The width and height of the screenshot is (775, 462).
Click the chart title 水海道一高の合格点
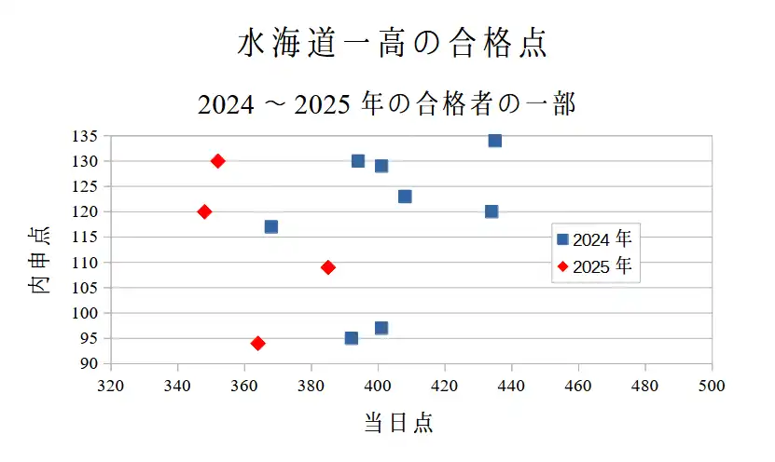(x=391, y=45)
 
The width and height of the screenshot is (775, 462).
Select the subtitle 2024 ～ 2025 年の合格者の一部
(x=387, y=104)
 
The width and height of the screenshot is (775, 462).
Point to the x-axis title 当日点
(x=398, y=423)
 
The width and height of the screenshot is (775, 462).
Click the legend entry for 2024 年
(x=594, y=239)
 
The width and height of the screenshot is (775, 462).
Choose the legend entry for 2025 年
(x=594, y=266)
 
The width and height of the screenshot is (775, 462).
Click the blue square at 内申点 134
(x=495, y=141)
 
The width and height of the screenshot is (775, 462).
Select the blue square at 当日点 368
(x=271, y=226)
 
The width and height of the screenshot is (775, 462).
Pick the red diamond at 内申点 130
(x=218, y=161)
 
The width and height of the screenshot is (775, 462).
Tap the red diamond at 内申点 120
(x=205, y=211)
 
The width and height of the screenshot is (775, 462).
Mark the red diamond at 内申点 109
(x=328, y=267)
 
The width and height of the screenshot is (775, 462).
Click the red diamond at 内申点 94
(x=258, y=344)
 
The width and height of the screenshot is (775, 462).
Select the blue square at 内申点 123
(x=405, y=197)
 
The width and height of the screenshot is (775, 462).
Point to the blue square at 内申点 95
(x=352, y=338)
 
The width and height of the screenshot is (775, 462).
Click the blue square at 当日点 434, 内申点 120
(x=491, y=211)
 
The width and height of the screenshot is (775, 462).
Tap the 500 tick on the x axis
(x=712, y=385)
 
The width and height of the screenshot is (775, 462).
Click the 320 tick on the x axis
(x=111, y=385)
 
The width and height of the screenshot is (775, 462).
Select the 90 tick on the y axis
(x=90, y=363)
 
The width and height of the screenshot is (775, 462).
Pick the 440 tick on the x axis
(x=511, y=385)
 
